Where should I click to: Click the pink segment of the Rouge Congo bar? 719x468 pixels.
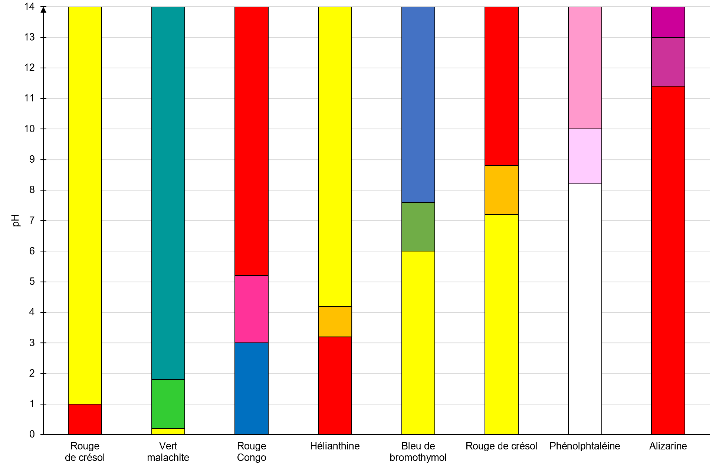251,309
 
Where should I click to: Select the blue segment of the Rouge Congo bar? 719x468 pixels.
251,388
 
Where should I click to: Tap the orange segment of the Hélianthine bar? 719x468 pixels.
335,321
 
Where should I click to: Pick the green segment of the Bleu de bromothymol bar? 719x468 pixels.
418,227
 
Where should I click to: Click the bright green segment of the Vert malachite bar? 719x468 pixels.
168,404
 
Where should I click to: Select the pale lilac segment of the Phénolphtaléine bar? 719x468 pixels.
585,156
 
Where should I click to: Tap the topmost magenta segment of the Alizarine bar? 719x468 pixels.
668,22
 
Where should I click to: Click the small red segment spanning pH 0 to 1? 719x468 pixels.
85,419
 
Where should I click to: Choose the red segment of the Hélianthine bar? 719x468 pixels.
335,385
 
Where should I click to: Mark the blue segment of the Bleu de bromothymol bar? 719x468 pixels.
418,104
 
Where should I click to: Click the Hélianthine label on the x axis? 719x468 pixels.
335,446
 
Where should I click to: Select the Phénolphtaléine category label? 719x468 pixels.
585,446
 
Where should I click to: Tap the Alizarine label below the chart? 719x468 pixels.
668,446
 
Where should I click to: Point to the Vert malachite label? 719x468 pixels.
168,451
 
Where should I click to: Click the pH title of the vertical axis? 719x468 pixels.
16,220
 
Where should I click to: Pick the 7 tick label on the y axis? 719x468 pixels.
32,221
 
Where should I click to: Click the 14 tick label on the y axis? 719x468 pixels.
29,7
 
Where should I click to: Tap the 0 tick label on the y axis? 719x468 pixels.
32,434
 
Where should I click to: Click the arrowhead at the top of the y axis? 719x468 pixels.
43,10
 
